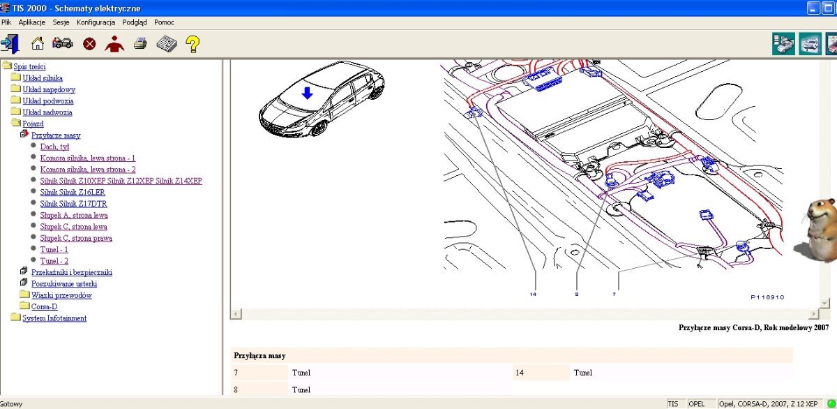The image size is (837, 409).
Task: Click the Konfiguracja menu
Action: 96,22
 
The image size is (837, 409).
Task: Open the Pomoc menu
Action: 164,22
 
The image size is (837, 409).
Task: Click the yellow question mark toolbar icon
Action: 193,44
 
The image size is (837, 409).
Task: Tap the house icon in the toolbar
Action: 38,43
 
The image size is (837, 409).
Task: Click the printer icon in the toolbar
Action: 140,44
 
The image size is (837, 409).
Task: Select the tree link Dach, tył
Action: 54,147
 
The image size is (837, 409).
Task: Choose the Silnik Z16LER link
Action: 73,192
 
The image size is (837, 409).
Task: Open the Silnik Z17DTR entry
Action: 74,204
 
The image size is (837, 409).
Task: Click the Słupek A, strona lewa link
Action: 74,216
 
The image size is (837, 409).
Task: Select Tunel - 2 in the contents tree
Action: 54,261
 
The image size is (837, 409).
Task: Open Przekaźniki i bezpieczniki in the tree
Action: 72,272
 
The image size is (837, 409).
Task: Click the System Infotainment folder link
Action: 54,318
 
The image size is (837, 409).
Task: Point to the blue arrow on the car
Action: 307,93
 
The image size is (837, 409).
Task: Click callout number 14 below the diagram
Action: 533,295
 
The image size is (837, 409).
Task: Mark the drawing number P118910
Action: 767,297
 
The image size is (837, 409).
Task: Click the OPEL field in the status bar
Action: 697,404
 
